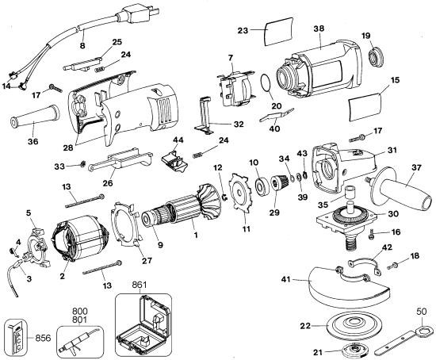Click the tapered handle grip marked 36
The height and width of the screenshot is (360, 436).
33,122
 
